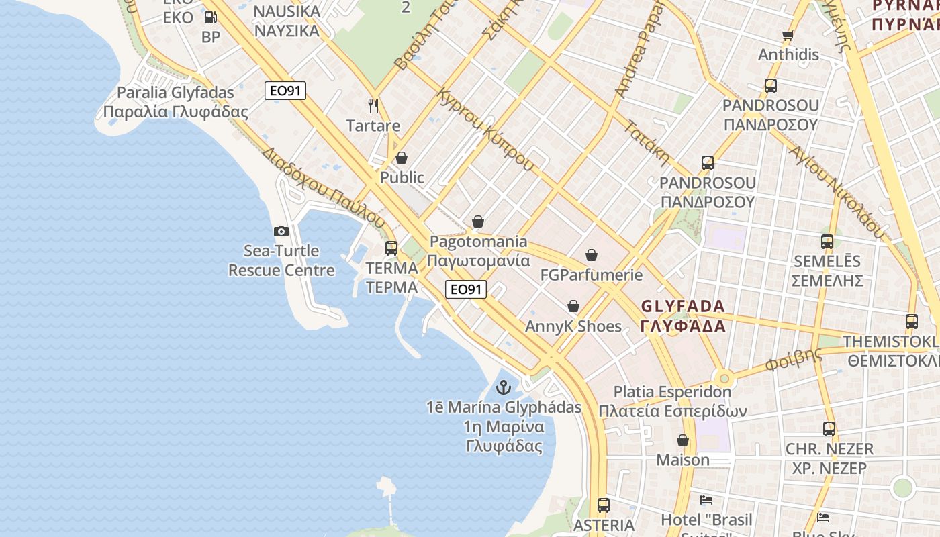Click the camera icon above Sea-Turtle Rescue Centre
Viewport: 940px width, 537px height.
point(281,232)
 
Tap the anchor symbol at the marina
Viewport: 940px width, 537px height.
point(503,387)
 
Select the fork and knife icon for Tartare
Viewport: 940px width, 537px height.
point(373,105)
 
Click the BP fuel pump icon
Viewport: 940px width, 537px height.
point(210,17)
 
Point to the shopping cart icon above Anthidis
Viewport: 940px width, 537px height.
point(788,35)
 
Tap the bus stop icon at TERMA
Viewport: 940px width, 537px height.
point(391,248)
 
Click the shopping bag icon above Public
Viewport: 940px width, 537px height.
point(402,158)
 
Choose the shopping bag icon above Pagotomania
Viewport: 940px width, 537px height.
point(478,222)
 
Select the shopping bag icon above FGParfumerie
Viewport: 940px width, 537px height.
point(592,255)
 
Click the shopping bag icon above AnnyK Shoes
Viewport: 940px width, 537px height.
point(573,306)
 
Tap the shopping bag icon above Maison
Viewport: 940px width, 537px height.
point(683,440)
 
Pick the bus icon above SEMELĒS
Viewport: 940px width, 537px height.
point(827,242)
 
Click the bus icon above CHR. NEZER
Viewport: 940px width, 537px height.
point(829,429)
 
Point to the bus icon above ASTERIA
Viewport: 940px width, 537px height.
point(604,505)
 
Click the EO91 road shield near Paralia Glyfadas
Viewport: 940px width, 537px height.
point(285,91)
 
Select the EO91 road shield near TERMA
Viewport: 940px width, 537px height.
point(466,289)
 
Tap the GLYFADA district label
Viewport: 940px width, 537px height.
point(683,316)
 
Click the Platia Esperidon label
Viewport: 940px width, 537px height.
point(672,401)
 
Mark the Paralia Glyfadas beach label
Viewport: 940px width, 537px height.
point(175,102)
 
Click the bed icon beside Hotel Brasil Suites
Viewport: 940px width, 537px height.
point(706,500)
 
